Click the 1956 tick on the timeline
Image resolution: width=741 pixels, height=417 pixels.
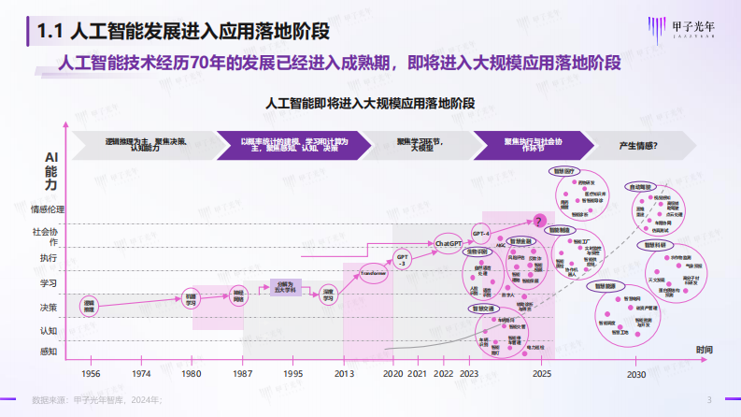click(x=90, y=373)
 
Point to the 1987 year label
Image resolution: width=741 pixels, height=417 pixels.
click(x=241, y=373)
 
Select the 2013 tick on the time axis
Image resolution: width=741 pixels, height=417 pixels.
click(x=344, y=373)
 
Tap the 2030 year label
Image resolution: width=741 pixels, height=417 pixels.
click(x=636, y=373)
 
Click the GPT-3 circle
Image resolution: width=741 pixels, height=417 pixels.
click(x=403, y=259)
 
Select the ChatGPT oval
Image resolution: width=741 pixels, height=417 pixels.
click(x=449, y=244)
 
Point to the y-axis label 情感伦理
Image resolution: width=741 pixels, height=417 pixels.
click(x=48, y=209)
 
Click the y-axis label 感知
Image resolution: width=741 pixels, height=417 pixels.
click(x=49, y=352)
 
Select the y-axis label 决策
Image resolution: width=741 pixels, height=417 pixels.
click(x=49, y=307)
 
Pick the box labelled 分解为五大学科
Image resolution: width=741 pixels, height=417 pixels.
click(x=286, y=287)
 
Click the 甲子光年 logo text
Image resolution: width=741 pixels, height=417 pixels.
click(x=692, y=27)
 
